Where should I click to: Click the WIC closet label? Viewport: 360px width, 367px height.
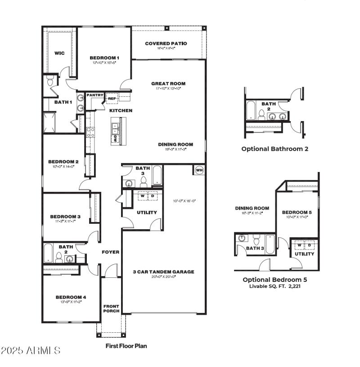pyautogui.click(x=59, y=53)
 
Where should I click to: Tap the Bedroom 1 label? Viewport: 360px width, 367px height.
pyautogui.click(x=104, y=58)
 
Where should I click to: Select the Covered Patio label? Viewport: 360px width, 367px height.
pyautogui.click(x=166, y=44)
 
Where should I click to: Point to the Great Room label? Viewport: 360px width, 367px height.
pyautogui.click(x=168, y=83)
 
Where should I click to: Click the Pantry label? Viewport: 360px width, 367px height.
pyautogui.click(x=95, y=95)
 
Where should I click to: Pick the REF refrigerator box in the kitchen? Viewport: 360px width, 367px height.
pyautogui.click(x=112, y=98)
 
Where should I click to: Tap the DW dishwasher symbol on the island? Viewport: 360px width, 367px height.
pyautogui.click(x=116, y=139)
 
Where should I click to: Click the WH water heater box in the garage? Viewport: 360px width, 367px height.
pyautogui.click(x=199, y=170)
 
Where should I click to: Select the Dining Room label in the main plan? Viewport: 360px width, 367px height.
pyautogui.click(x=175, y=145)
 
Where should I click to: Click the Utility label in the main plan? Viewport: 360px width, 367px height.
pyautogui.click(x=147, y=213)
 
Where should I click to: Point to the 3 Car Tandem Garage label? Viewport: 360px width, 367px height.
pyautogui.click(x=163, y=272)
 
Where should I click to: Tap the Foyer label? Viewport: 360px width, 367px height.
pyautogui.click(x=110, y=252)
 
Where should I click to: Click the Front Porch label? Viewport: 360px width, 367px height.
pyautogui.click(x=111, y=309)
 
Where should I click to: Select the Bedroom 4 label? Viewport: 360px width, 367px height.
pyautogui.click(x=71, y=297)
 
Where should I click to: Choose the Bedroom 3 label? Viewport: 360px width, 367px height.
pyautogui.click(x=65, y=217)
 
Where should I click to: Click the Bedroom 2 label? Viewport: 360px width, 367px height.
pyautogui.click(x=63, y=162)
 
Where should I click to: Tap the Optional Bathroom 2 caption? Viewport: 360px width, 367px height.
pyautogui.click(x=275, y=149)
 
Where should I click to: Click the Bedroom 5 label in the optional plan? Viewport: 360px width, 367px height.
pyautogui.click(x=297, y=212)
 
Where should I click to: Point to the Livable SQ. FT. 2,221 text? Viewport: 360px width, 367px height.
pyautogui.click(x=275, y=286)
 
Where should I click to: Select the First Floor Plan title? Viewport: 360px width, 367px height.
pyautogui.click(x=126, y=346)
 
